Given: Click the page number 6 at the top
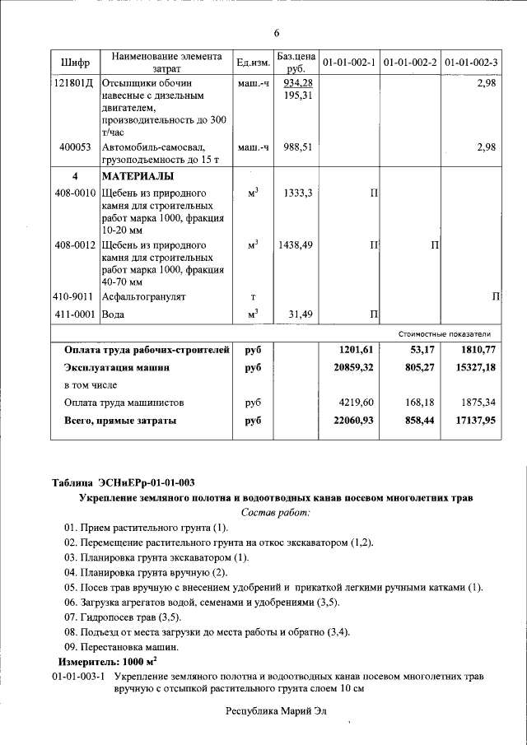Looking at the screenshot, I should click(x=277, y=33).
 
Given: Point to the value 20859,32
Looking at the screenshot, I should click(x=352, y=368).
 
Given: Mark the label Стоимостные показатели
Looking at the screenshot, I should click(x=444, y=334).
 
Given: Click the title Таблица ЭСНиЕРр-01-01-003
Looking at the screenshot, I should click(x=129, y=482).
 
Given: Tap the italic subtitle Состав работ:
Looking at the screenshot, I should click(x=276, y=513).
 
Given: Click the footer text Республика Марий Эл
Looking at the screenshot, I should click(x=276, y=710).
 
